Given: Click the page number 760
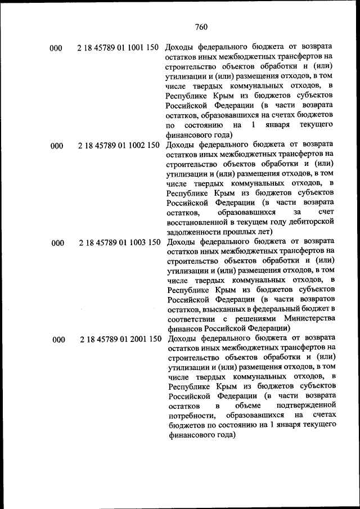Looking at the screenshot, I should (201, 26).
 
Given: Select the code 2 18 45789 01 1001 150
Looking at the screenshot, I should (118, 48).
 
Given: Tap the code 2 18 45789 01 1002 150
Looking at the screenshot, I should (118, 146).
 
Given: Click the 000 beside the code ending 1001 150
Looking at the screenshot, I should (56, 48).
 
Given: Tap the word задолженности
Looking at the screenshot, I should (194, 231).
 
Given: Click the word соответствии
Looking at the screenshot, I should (194, 318).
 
